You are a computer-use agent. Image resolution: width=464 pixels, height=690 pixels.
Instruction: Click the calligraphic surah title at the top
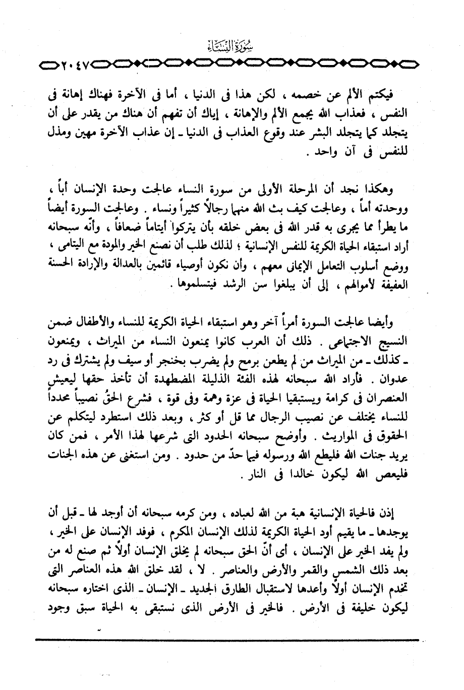tap(232, 48)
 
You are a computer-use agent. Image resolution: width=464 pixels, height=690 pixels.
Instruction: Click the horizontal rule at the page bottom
tap(227, 640)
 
